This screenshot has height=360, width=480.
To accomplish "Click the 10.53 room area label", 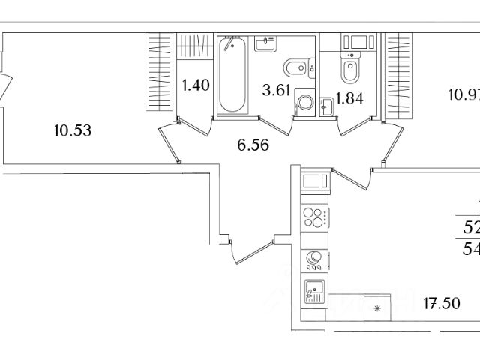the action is point(73,131).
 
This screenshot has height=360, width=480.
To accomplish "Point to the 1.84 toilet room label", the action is point(350,99).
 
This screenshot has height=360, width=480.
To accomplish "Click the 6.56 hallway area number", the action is point(253,145).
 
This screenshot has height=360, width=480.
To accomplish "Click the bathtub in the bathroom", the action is point(233,75).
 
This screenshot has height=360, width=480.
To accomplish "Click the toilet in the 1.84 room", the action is point(350,67).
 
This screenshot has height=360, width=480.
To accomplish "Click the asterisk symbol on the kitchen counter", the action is point(377,307).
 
